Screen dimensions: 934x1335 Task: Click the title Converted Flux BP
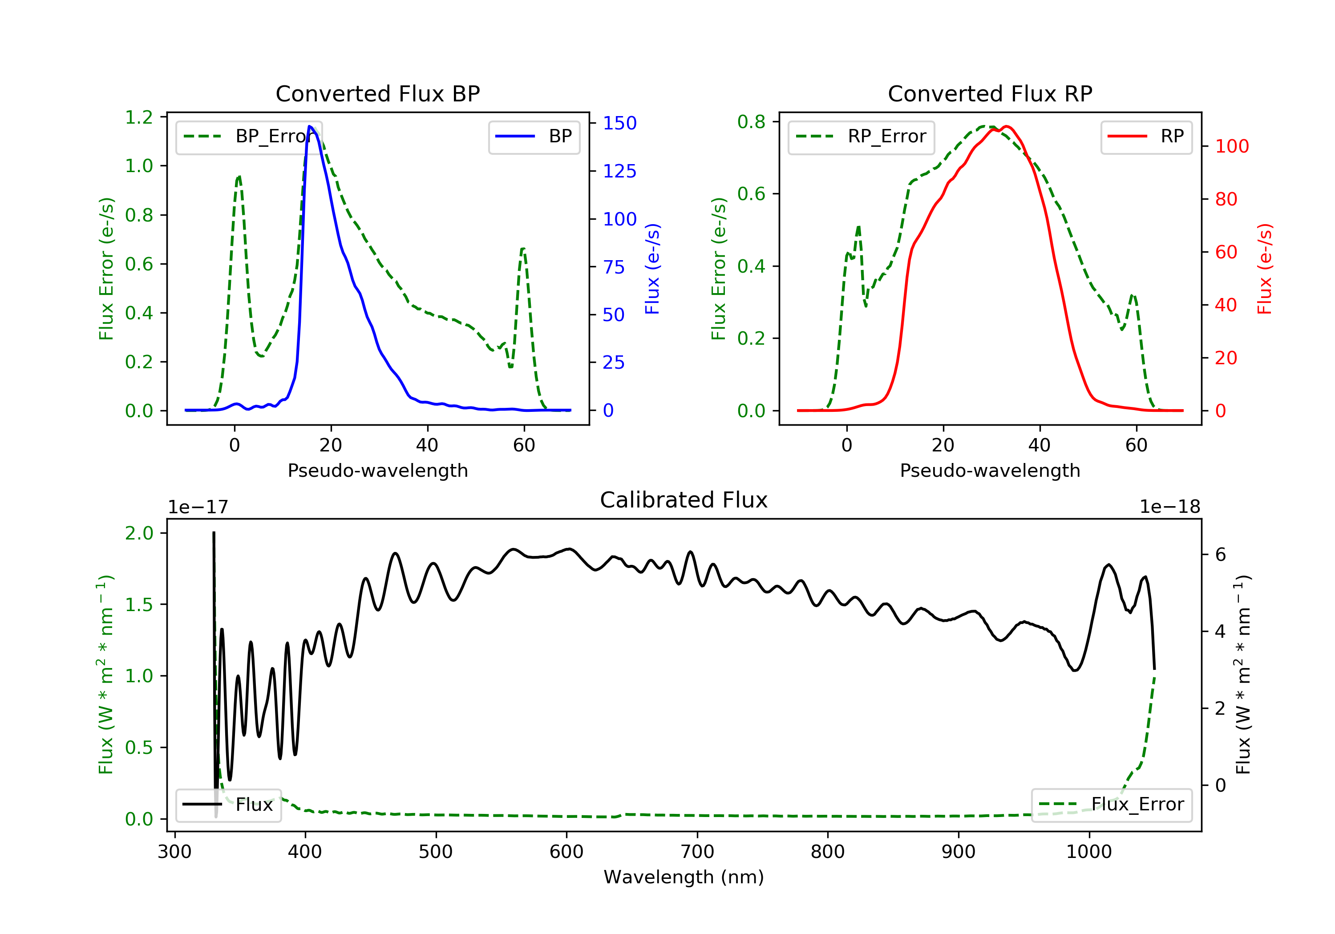tap(377, 93)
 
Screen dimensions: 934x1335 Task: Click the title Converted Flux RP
tap(990, 93)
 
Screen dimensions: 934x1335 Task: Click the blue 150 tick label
tap(619, 123)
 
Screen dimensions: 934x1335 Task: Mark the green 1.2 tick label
tap(139, 117)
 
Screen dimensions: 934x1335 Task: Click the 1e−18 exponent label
tap(1169, 507)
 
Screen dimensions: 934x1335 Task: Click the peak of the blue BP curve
tap(310, 126)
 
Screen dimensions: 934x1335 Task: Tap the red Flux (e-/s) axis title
tap(1265, 269)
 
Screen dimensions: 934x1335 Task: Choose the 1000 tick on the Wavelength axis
tap(1088, 852)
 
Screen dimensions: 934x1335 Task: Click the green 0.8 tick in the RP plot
tap(751, 122)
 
